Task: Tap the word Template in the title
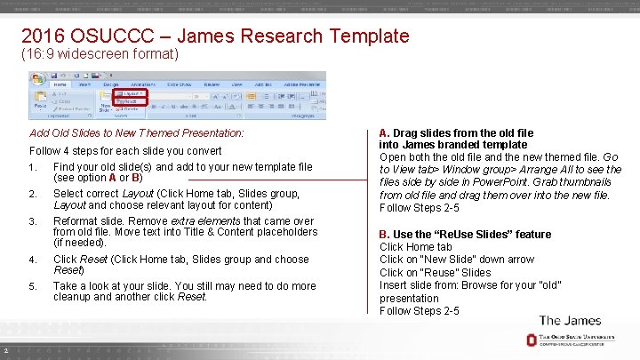tap(369, 36)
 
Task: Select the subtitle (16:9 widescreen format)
tap(100, 55)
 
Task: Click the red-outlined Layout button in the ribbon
tap(132, 92)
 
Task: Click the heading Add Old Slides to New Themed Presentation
tap(137, 132)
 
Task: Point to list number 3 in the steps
tap(33, 221)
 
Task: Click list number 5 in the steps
tap(33, 286)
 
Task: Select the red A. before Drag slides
tap(385, 132)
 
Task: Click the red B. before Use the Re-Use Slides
tap(385, 234)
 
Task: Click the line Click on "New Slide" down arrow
tap(457, 260)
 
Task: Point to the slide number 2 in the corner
tap(5, 348)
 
